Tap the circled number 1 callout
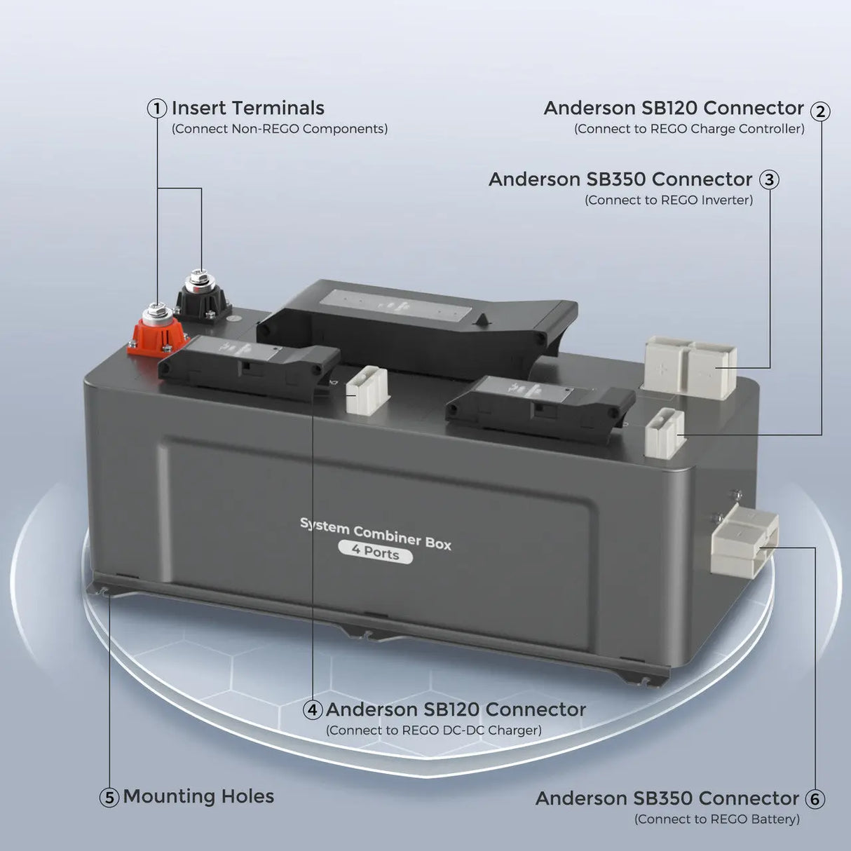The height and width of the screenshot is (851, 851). [x=157, y=109]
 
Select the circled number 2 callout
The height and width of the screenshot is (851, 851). [x=820, y=111]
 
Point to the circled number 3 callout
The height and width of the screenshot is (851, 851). [x=769, y=180]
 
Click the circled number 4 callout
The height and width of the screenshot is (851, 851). [x=313, y=710]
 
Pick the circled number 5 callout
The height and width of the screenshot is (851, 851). [x=109, y=798]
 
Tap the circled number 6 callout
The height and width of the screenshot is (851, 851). [x=814, y=799]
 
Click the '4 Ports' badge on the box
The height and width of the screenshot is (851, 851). [x=376, y=552]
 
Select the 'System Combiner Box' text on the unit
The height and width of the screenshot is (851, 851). [x=376, y=533]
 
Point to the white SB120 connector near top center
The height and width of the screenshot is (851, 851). [x=367, y=390]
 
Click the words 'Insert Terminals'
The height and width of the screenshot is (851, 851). [x=247, y=109]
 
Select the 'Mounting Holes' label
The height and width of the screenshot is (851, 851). [x=198, y=797]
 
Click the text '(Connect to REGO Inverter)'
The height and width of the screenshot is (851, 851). [x=669, y=200]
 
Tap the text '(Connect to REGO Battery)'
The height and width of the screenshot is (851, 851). [x=716, y=819]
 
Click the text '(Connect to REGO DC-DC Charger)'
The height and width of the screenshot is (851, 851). [x=433, y=730]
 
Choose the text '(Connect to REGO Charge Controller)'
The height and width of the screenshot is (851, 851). [x=689, y=129]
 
